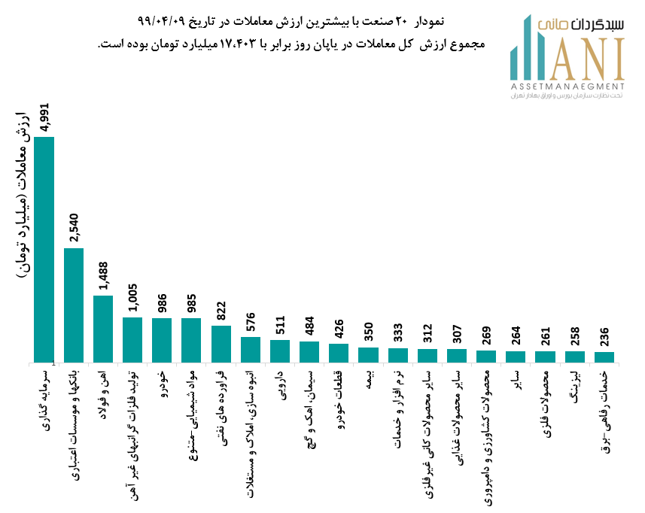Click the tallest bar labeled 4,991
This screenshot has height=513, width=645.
[x=44, y=249]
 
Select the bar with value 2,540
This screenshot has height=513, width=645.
[x=74, y=305]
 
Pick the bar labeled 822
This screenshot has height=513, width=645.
[x=221, y=343]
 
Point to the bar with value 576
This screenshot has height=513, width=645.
[x=251, y=349]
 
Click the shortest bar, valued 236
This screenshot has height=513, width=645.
[x=604, y=357]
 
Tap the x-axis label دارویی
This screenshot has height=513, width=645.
[x=281, y=384]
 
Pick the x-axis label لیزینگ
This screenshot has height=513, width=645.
[x=576, y=385]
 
